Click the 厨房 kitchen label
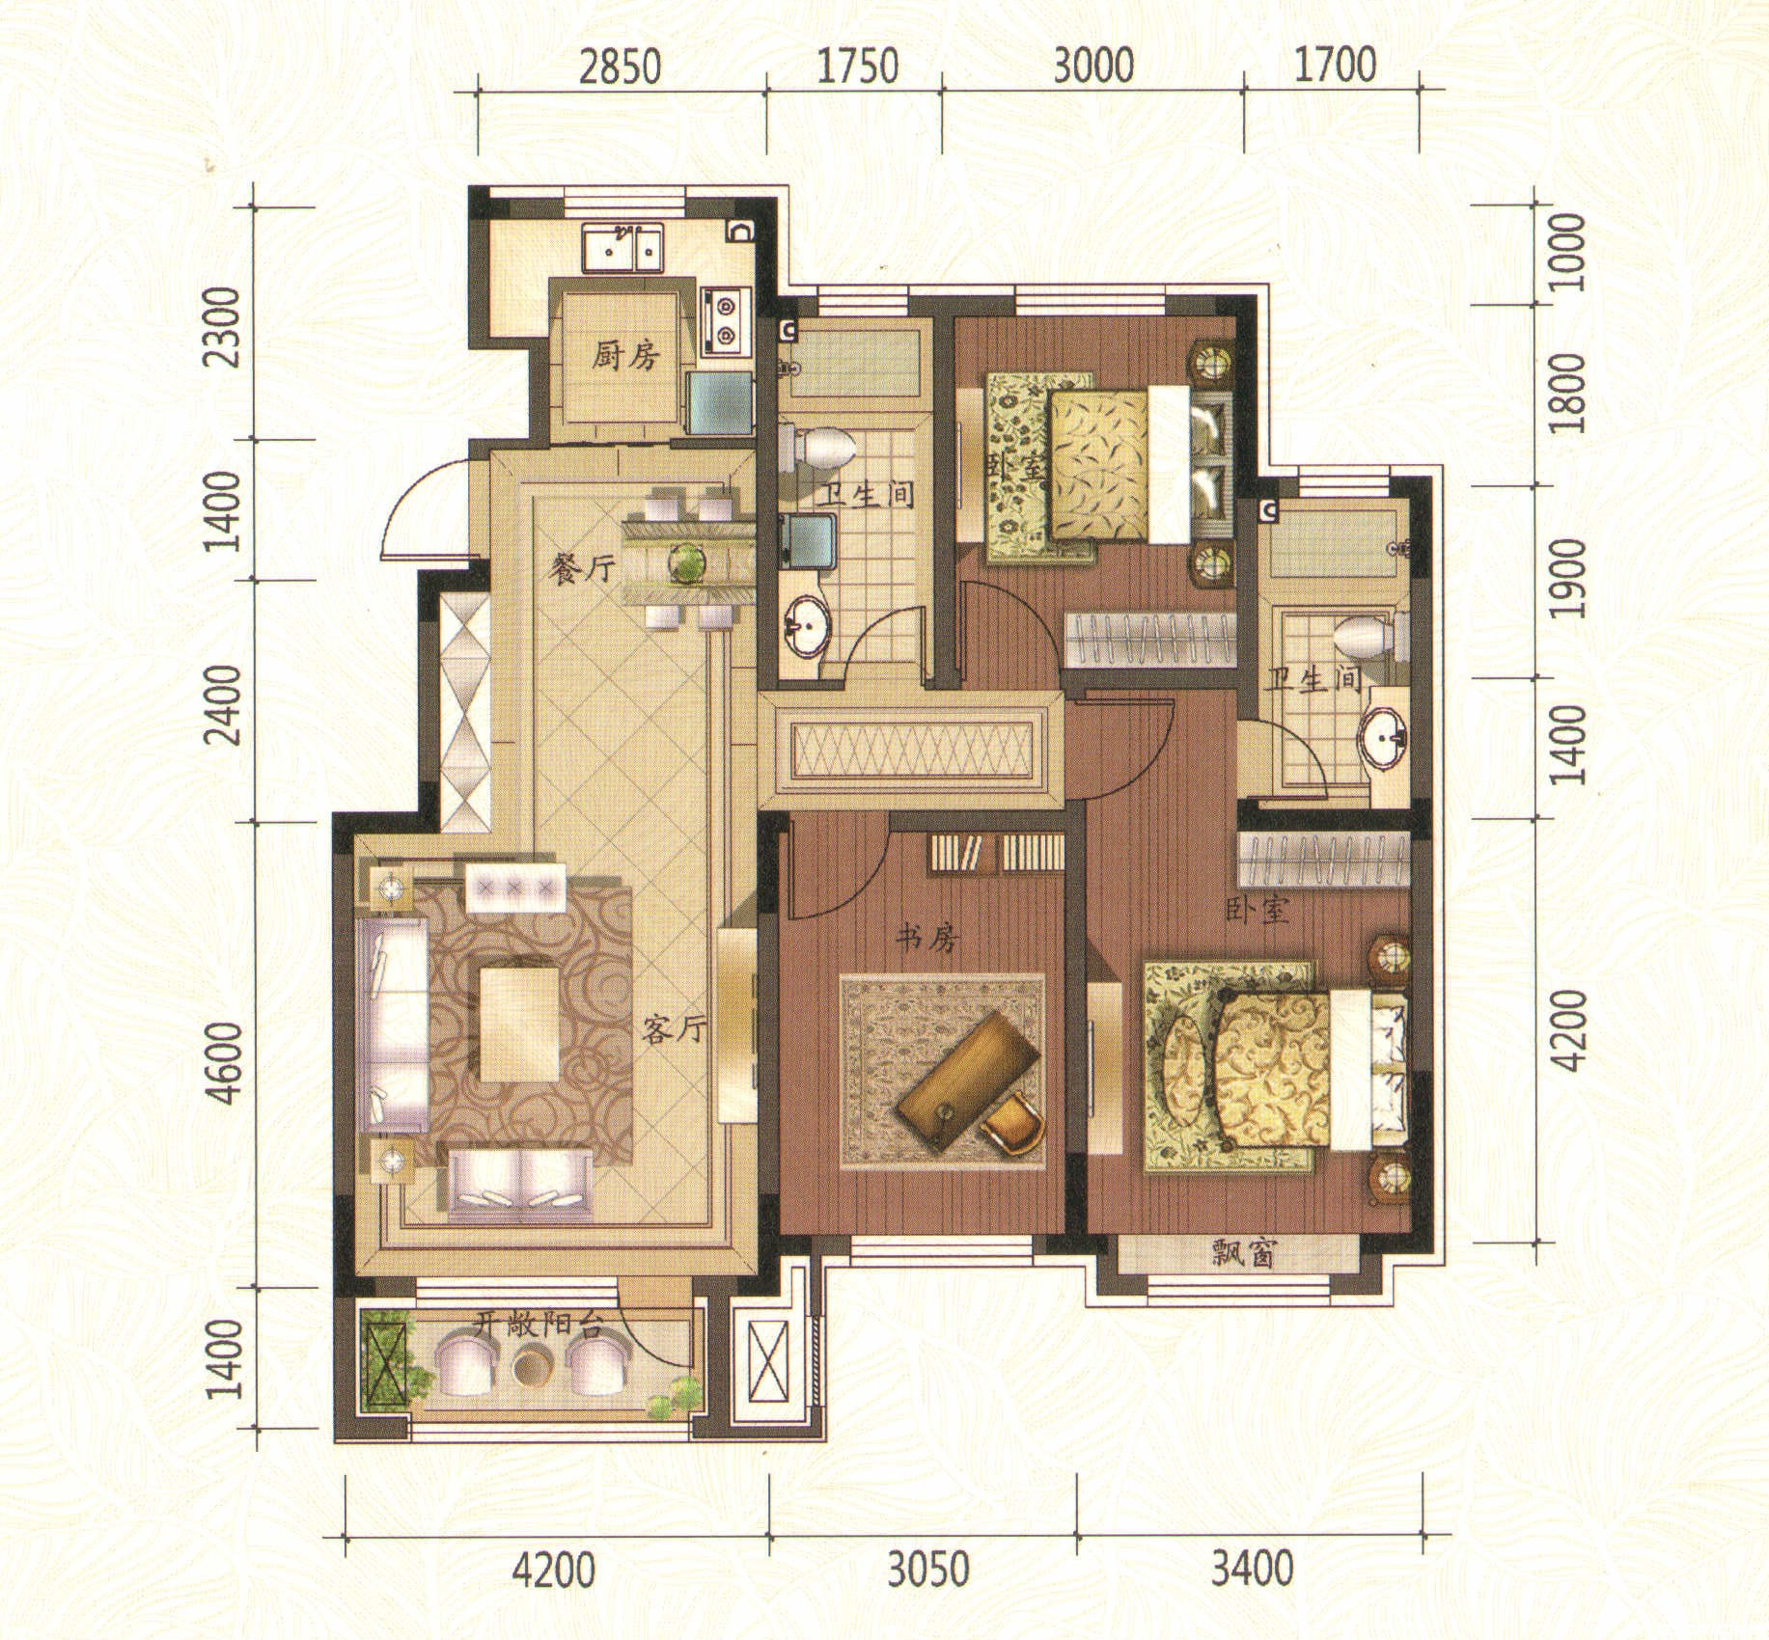click(624, 357)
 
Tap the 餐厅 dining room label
click(581, 570)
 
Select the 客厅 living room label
click(674, 1030)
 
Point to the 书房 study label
click(927, 936)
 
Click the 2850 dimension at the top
click(620, 68)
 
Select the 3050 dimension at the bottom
click(927, 1571)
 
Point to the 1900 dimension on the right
click(1569, 578)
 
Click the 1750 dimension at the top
click(857, 68)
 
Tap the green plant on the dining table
click(686, 561)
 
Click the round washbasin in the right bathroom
click(1385, 740)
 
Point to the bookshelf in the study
click(997, 853)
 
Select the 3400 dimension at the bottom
click(1252, 1571)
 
